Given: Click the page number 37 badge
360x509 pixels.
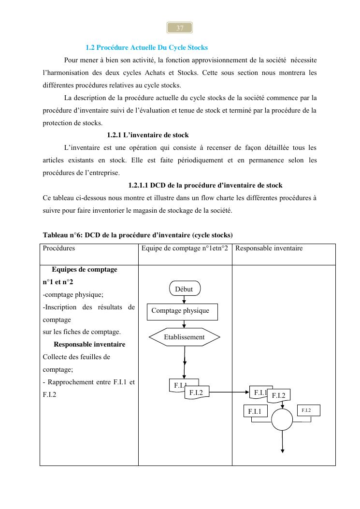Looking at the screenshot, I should (x=180, y=28).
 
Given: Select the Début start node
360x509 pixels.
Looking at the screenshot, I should (x=185, y=289).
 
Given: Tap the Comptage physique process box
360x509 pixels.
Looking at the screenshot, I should (x=182, y=311).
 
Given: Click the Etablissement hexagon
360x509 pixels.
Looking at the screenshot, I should (x=184, y=337).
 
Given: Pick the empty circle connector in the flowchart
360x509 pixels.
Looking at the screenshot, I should (x=282, y=420).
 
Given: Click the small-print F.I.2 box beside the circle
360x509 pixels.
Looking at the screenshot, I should (x=308, y=411).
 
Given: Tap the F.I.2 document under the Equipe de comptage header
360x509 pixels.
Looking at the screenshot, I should (x=197, y=393).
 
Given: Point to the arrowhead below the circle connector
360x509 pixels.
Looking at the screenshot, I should (x=282, y=451).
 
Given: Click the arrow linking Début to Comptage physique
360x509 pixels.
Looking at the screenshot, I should (x=184, y=299).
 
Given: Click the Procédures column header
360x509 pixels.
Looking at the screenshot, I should (x=59, y=248).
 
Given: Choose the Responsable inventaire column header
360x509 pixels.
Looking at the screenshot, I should (x=269, y=248).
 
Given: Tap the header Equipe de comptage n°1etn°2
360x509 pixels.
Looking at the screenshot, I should (x=185, y=248).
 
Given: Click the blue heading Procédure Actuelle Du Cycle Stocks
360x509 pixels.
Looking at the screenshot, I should (x=146, y=47).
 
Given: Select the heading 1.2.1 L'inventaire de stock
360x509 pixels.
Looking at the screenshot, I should (x=148, y=135).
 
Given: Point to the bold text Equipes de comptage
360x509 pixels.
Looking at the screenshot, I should (x=85, y=269).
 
